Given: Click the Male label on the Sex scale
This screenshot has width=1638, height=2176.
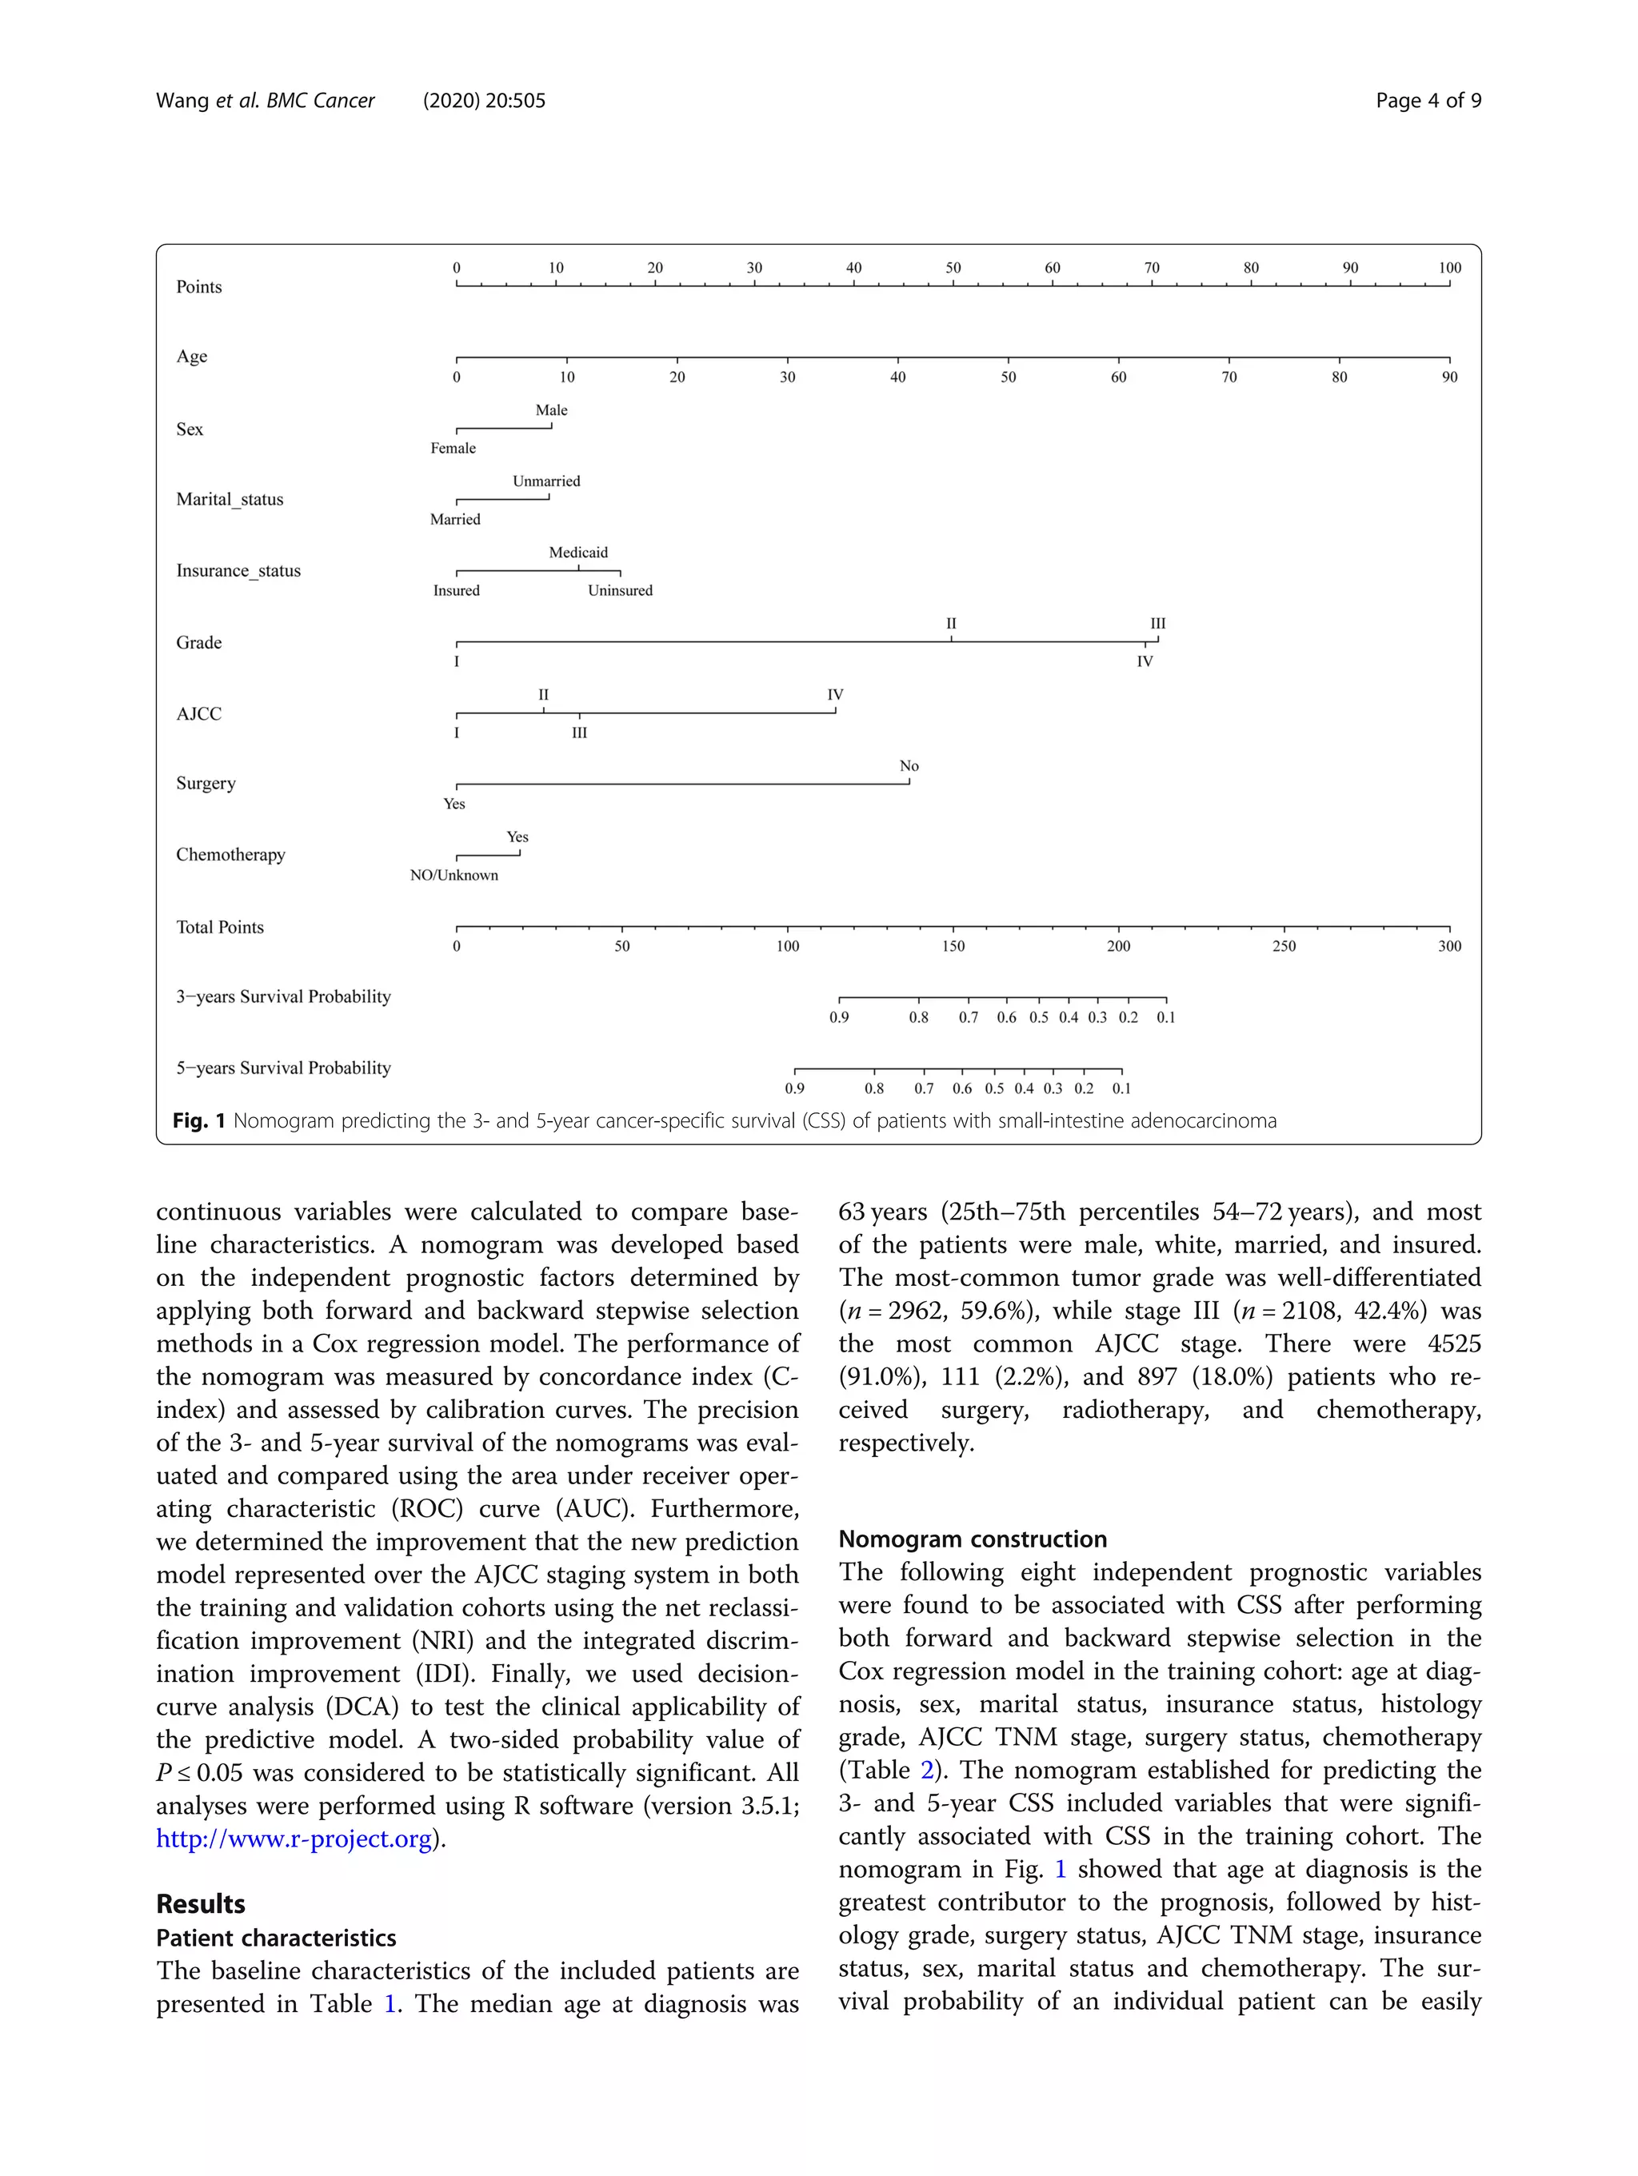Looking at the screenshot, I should click(551, 410).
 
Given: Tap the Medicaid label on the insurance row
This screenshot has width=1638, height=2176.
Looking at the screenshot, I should click(578, 553).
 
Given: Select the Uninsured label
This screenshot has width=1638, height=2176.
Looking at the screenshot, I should click(620, 590).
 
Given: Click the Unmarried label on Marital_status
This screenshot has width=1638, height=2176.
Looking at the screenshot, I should click(546, 481).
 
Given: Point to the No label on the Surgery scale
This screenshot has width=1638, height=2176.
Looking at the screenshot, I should click(909, 765).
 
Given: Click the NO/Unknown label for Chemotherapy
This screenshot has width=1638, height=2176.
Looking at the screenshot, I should click(453, 876).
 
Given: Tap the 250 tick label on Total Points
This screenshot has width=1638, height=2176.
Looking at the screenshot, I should click(1284, 946).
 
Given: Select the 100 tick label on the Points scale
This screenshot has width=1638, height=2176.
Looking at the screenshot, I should click(1449, 268).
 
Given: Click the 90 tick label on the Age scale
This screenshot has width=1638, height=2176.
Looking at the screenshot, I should click(1449, 377).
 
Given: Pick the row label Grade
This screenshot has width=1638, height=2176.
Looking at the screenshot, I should click(198, 642).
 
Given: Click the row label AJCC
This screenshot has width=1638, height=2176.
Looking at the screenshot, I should click(198, 714).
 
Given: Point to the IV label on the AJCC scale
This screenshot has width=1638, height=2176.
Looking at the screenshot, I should click(835, 694).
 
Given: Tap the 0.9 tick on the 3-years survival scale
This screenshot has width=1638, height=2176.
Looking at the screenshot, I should click(838, 1017).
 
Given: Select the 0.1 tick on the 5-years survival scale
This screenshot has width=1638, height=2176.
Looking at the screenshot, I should click(1121, 1089).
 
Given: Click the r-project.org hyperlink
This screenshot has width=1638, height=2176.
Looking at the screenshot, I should click(294, 1839).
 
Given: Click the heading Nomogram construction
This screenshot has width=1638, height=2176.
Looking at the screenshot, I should click(972, 1539).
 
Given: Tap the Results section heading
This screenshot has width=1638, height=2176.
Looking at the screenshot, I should click(201, 1903).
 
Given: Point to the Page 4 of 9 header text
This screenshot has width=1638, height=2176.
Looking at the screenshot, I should click(1428, 100).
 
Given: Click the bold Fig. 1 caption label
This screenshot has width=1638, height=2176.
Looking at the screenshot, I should click(200, 1120).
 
